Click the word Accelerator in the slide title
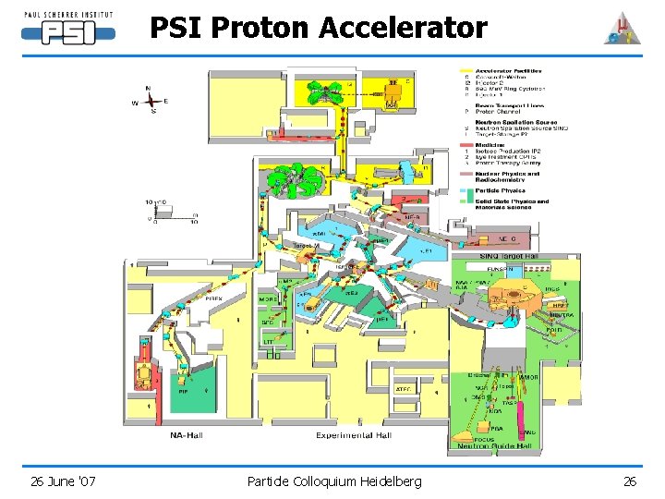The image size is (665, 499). click(403, 28)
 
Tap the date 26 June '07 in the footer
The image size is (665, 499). click(63, 481)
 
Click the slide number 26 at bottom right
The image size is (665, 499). click(630, 481)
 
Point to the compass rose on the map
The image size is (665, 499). click(151, 100)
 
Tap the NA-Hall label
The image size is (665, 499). click(192, 435)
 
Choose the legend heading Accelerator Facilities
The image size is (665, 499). click(508, 71)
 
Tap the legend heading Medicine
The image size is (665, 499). click(490, 142)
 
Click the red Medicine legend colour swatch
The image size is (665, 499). click(465, 142)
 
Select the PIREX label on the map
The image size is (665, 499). click(213, 298)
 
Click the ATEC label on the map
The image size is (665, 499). click(404, 389)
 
